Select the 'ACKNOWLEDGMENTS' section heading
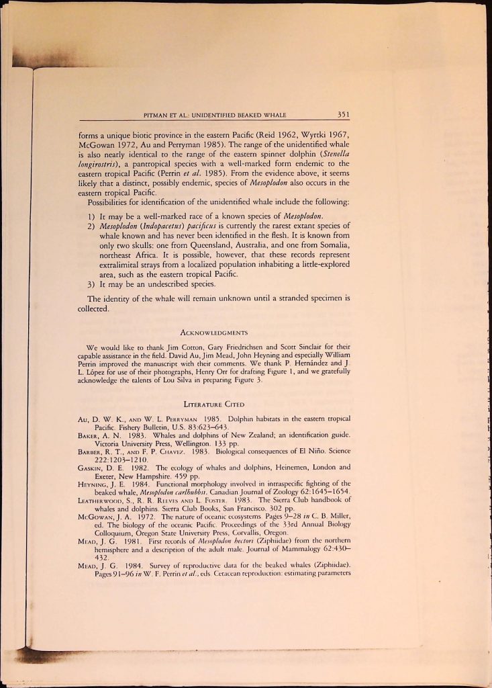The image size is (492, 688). (x=216, y=333)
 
